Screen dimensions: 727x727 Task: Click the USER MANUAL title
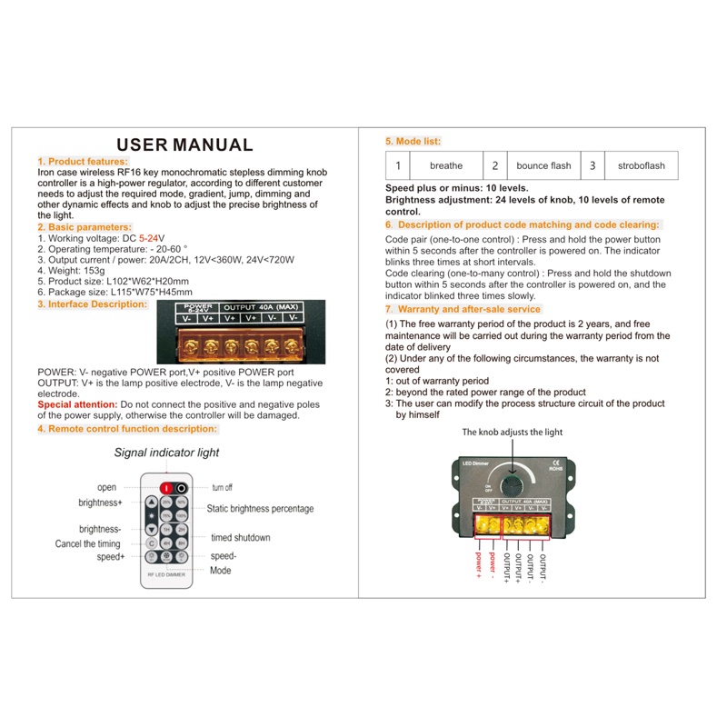click(184, 144)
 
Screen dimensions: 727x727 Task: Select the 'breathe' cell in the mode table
click(445, 165)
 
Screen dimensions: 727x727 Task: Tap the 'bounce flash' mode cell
click(543, 165)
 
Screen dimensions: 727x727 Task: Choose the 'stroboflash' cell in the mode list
click(641, 165)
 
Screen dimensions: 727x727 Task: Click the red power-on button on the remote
click(166, 488)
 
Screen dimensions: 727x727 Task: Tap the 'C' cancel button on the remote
click(152, 543)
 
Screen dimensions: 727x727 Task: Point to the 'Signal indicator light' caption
click(166, 453)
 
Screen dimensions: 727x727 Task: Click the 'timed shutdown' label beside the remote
click(240, 538)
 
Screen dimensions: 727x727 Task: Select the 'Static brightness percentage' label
click(260, 509)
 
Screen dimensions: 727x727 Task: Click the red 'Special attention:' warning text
click(77, 403)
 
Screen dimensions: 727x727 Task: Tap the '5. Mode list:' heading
click(413, 142)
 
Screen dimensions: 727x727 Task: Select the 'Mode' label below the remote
click(220, 571)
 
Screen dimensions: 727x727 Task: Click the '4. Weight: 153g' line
click(72, 271)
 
